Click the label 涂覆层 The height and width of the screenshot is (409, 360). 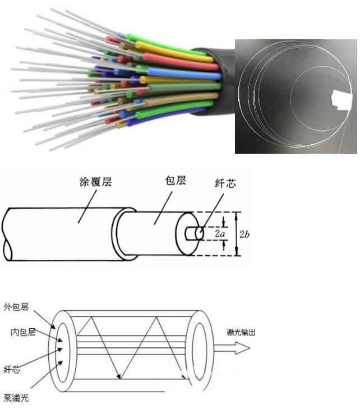point(96,182)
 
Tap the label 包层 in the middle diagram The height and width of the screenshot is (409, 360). point(176,181)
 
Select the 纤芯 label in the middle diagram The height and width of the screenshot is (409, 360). point(225,183)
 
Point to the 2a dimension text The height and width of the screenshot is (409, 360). point(220,233)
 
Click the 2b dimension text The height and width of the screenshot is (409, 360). point(244,234)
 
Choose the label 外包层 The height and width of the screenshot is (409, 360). point(16,307)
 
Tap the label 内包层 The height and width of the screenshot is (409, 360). point(23,332)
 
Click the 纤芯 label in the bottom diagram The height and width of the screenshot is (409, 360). point(12,369)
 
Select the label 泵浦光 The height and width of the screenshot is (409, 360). point(16,398)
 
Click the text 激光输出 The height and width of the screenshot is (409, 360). point(241,332)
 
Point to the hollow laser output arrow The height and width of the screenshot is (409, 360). point(232,348)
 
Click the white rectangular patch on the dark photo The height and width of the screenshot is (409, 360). point(341,100)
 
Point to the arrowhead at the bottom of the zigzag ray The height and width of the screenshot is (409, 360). point(119,376)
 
